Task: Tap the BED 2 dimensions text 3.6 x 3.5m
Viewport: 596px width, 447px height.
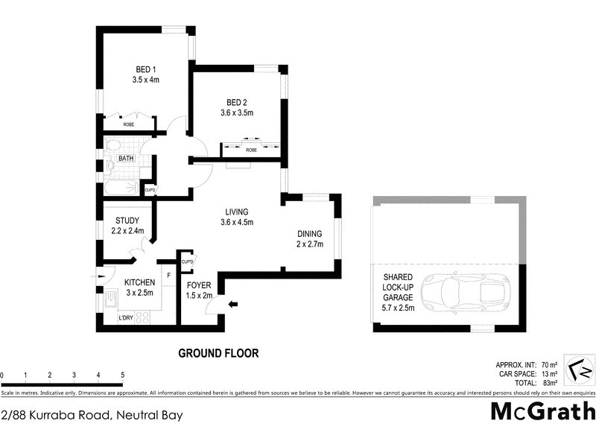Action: click(238, 113)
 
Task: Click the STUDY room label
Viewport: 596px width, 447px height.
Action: click(127, 221)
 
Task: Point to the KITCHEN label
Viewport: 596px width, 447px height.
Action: click(139, 282)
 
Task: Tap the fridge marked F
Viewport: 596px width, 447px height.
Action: click(168, 276)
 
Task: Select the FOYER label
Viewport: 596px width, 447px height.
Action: click(199, 285)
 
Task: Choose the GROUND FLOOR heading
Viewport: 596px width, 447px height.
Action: click(217, 354)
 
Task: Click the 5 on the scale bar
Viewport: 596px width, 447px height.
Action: click(122, 375)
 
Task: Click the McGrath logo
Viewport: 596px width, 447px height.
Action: click(543, 411)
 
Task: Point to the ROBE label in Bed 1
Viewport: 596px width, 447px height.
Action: click(129, 124)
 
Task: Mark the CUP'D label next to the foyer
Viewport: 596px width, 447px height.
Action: click(188, 262)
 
